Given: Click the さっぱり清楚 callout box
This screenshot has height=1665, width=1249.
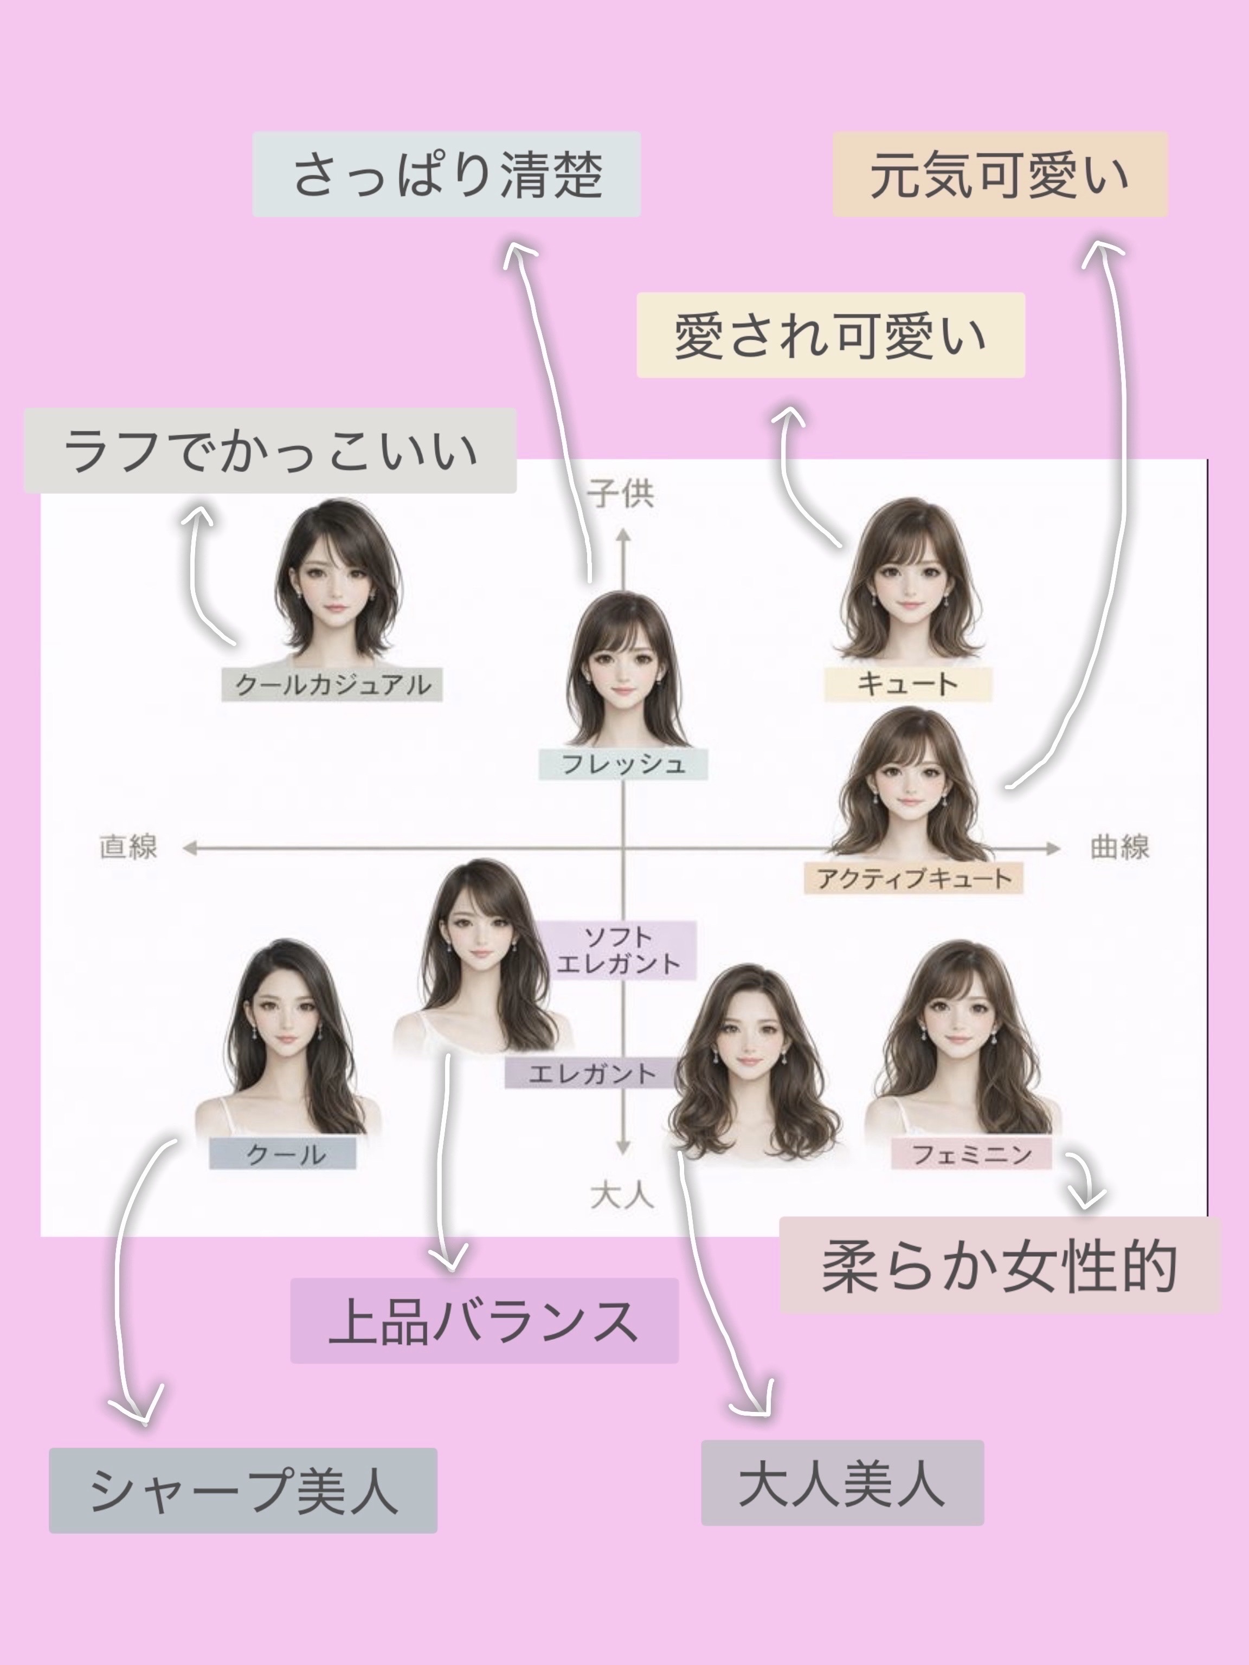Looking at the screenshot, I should point(447,175).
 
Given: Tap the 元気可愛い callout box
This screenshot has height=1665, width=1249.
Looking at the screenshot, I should point(1000,175).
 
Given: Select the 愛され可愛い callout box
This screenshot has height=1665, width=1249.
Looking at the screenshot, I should point(830,335).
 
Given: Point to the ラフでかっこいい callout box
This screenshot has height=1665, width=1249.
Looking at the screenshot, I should point(271,451).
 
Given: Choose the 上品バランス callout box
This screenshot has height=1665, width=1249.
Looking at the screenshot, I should point(484,1320).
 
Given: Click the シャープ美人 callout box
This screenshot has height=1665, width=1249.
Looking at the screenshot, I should point(243,1490).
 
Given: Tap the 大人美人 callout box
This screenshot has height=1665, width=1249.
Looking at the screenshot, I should point(842,1483).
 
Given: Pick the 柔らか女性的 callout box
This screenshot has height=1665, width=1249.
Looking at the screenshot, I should point(999,1266).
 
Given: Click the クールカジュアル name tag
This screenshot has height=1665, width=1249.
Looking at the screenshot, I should point(332,684).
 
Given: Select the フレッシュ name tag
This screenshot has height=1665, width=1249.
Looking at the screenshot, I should point(623,764).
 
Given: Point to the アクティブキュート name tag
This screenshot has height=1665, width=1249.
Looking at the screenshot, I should point(913,877).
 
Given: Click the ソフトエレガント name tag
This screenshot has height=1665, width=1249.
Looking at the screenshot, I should point(617,950).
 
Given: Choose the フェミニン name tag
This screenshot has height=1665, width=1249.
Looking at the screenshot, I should point(971,1154).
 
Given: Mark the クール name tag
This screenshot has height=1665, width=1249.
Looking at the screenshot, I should point(283,1154).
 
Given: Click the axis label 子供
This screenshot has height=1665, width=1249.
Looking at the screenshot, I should point(621,494).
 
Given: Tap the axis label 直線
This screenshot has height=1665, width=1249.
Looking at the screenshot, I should point(128,847).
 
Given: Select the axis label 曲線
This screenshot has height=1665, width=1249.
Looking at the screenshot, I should point(1119,847).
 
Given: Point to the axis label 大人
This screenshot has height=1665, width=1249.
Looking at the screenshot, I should point(622,1195).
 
